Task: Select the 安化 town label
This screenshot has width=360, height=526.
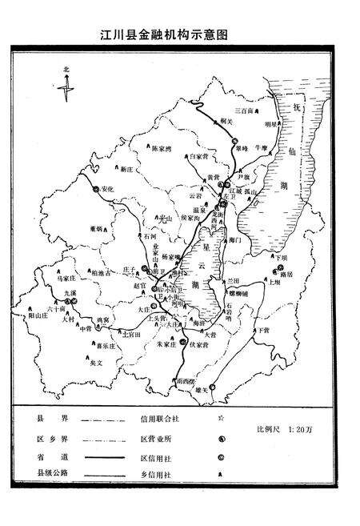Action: (110, 189)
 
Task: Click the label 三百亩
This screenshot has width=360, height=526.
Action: (243, 110)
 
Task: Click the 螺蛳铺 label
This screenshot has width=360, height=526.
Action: (236, 294)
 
